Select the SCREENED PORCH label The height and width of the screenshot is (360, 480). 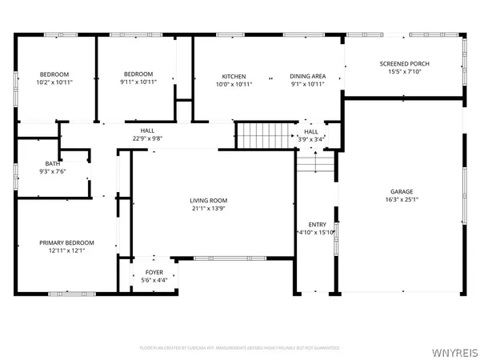pyautogui.click(x=403, y=63)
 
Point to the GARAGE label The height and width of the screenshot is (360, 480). pyautogui.click(x=402, y=192)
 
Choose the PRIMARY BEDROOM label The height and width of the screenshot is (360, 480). pyautogui.click(x=67, y=242)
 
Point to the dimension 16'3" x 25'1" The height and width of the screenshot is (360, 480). pyautogui.click(x=402, y=200)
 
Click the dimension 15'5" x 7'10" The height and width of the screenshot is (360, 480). pyautogui.click(x=403, y=71)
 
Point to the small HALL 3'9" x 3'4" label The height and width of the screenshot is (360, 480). pyautogui.click(x=310, y=132)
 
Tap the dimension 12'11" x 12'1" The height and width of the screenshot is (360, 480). pyautogui.click(x=67, y=250)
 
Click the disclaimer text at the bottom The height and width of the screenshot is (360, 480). pyautogui.click(x=239, y=348)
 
